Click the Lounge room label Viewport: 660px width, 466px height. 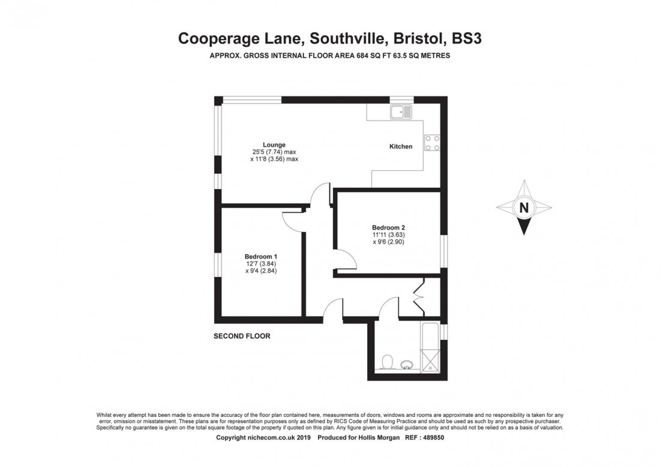[x=274, y=145]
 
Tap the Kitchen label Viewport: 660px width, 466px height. [x=401, y=146]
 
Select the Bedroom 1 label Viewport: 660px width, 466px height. [x=261, y=257]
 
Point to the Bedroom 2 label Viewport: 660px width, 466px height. [x=388, y=227]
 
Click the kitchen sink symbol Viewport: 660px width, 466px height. [x=401, y=112]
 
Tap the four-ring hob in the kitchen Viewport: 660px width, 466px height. [x=432, y=143]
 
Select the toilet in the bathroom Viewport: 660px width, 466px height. [x=387, y=362]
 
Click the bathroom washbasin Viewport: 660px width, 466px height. [x=407, y=364]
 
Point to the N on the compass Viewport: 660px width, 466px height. [x=524, y=208]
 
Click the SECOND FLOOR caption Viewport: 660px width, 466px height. [x=242, y=336]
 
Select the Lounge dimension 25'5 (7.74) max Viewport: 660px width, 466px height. [x=274, y=152]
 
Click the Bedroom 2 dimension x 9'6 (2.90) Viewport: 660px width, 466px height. [x=388, y=242]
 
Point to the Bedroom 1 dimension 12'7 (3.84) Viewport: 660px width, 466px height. [x=261, y=264]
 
